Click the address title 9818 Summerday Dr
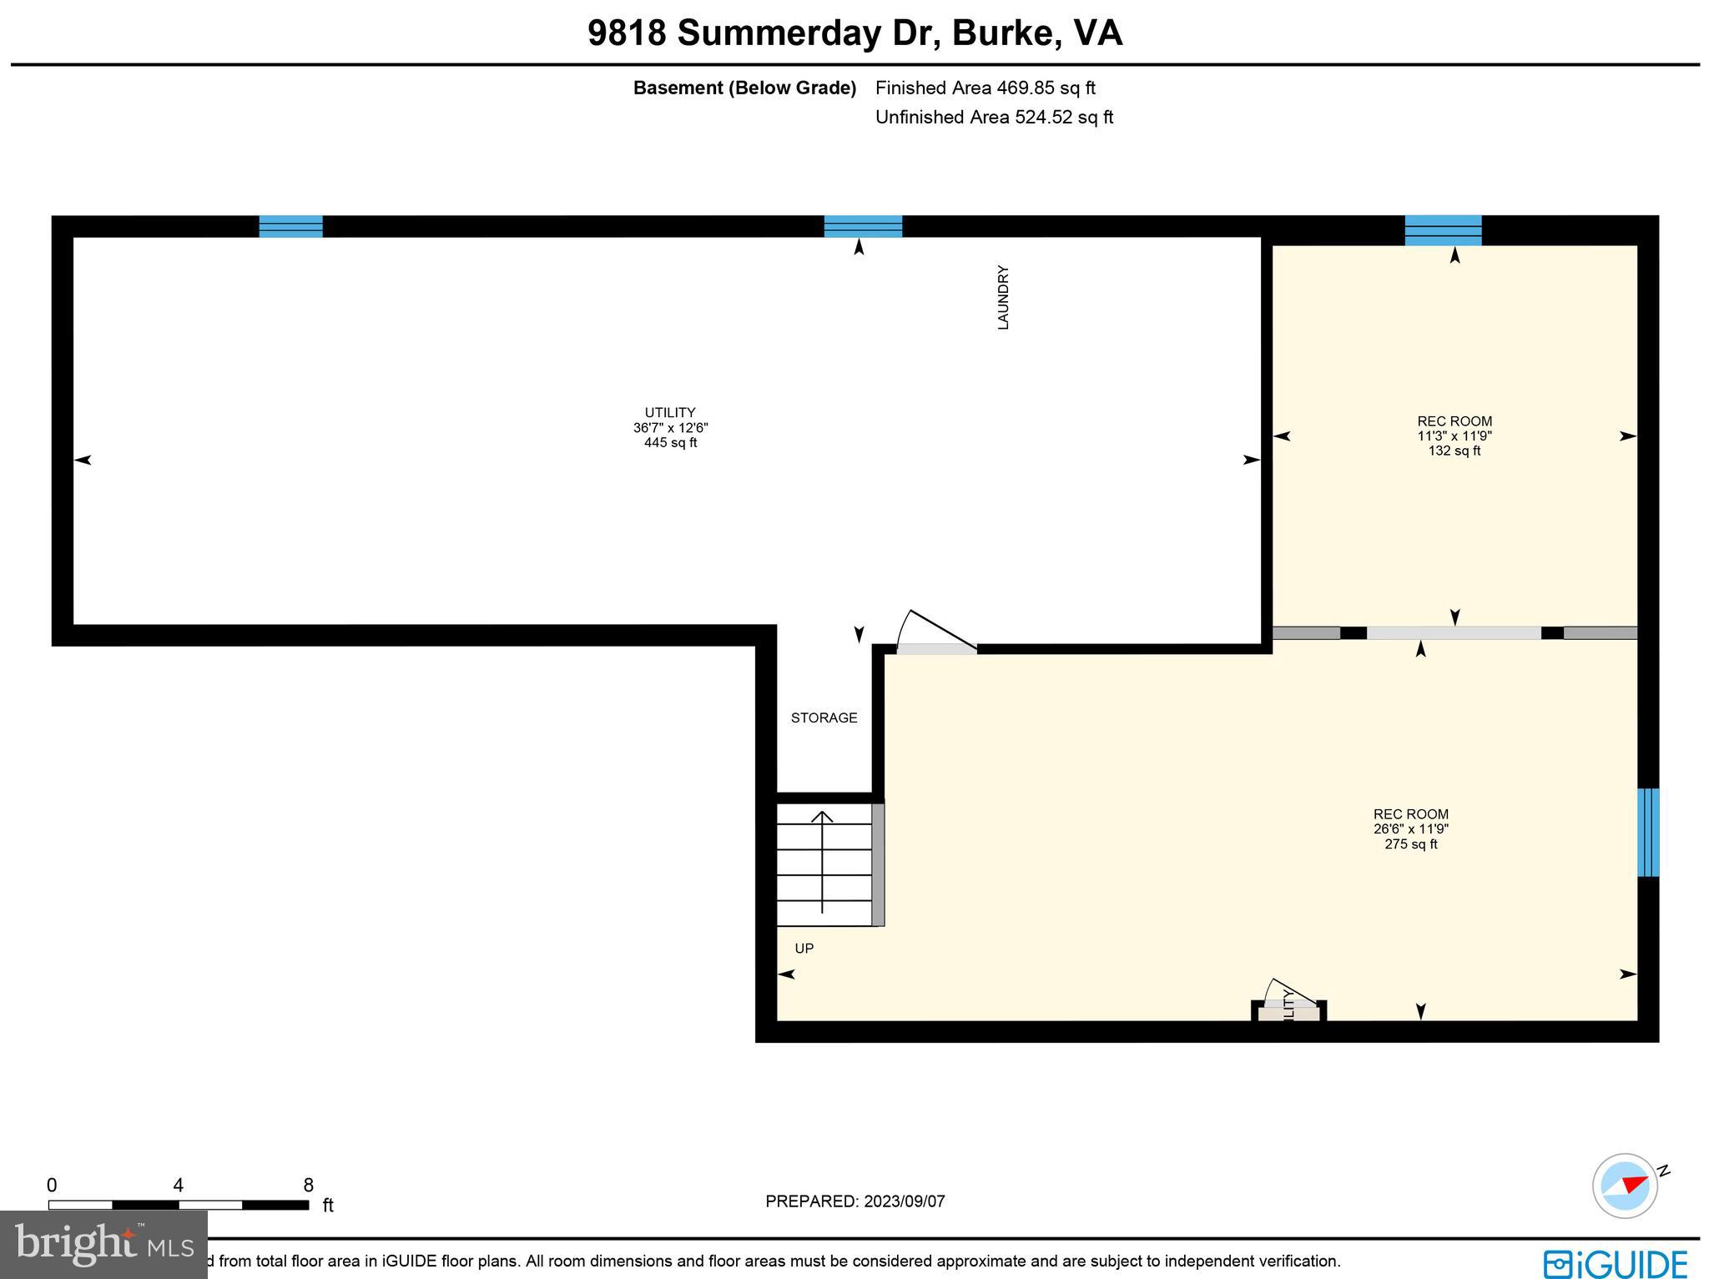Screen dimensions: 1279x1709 point(854,33)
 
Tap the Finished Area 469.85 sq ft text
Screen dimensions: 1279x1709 point(985,88)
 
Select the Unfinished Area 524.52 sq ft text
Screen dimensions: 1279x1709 point(994,117)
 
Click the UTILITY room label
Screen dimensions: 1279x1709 point(670,412)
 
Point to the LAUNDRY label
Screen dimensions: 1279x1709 point(1004,298)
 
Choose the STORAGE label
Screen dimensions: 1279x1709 point(824,718)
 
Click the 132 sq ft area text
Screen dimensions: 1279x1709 point(1454,451)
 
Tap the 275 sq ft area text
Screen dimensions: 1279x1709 point(1411,844)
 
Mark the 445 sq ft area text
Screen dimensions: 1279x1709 point(670,443)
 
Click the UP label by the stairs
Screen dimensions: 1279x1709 point(804,949)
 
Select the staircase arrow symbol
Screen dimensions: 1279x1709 point(823,863)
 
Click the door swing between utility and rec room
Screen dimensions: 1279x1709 point(935,634)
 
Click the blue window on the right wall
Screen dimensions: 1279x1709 point(1648,833)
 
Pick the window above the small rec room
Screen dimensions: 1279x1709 point(1443,230)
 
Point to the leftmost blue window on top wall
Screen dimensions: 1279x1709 point(290,226)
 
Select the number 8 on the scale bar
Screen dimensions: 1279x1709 point(308,1186)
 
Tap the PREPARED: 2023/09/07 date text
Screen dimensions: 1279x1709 point(855,1201)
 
